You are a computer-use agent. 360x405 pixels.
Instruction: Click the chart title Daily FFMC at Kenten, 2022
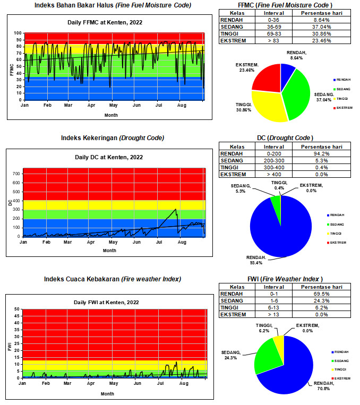coord(113,22)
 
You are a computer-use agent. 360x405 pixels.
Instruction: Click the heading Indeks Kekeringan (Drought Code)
coord(112,138)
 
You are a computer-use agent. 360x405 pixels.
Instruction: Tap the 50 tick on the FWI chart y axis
coord(16,309)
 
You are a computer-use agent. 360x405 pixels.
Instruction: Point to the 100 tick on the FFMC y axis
coord(18,33)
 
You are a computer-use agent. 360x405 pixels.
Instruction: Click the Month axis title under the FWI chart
coord(107,394)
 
